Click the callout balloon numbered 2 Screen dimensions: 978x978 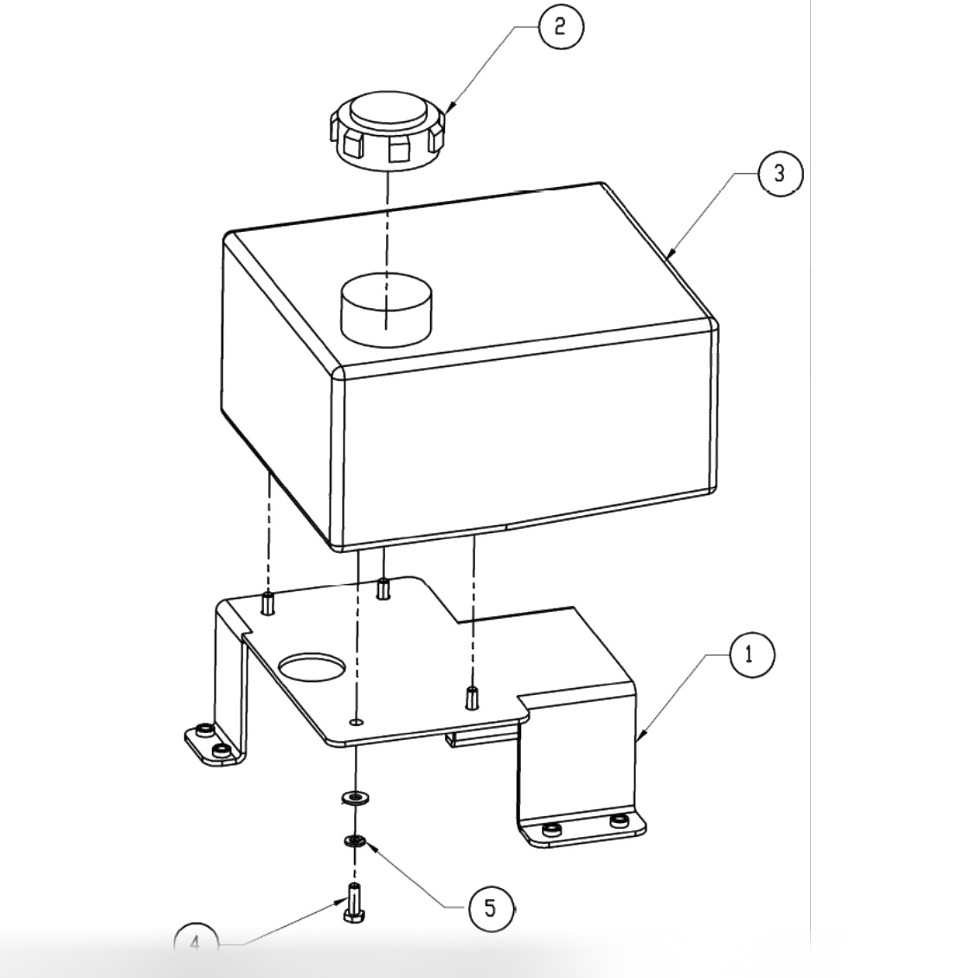[x=560, y=26]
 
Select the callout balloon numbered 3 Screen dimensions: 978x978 [x=780, y=173]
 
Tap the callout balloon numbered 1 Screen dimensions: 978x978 [x=750, y=655]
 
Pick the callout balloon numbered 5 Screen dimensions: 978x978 [x=491, y=909]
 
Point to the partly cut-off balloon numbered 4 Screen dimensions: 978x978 [x=196, y=942]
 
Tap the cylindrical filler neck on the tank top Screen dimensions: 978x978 [x=386, y=307]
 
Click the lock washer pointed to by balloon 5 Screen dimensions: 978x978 [x=355, y=840]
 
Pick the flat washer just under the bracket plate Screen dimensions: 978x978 [x=354, y=795]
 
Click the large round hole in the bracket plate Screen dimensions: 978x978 [x=312, y=666]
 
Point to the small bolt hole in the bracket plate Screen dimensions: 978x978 [x=357, y=720]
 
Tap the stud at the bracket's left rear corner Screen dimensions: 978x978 [x=267, y=602]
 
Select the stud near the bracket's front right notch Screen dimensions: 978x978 [x=472, y=697]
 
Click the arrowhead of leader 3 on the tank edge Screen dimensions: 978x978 [x=670, y=256]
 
